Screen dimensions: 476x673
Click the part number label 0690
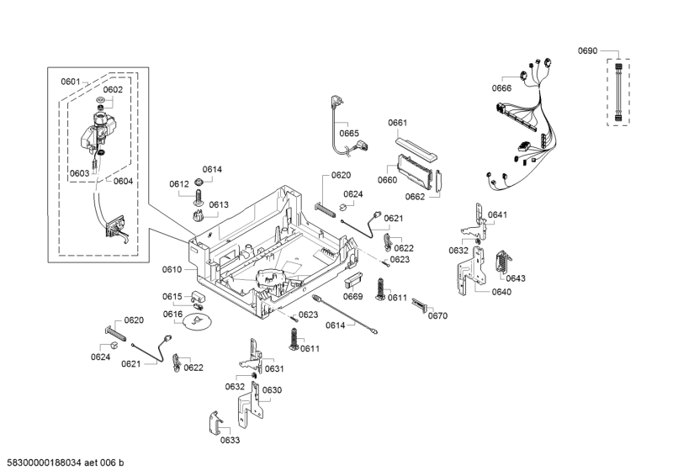click(587, 51)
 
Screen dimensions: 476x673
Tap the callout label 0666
click(501, 88)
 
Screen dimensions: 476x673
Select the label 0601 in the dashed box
click(70, 82)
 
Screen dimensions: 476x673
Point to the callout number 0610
click(172, 270)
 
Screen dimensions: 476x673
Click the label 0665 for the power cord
click(349, 133)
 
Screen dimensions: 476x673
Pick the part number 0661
click(397, 124)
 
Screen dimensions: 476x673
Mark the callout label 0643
click(516, 278)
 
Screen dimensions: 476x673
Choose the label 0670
click(437, 316)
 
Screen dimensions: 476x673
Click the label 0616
click(172, 315)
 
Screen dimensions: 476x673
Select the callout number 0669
click(352, 296)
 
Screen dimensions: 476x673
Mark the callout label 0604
click(123, 181)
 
